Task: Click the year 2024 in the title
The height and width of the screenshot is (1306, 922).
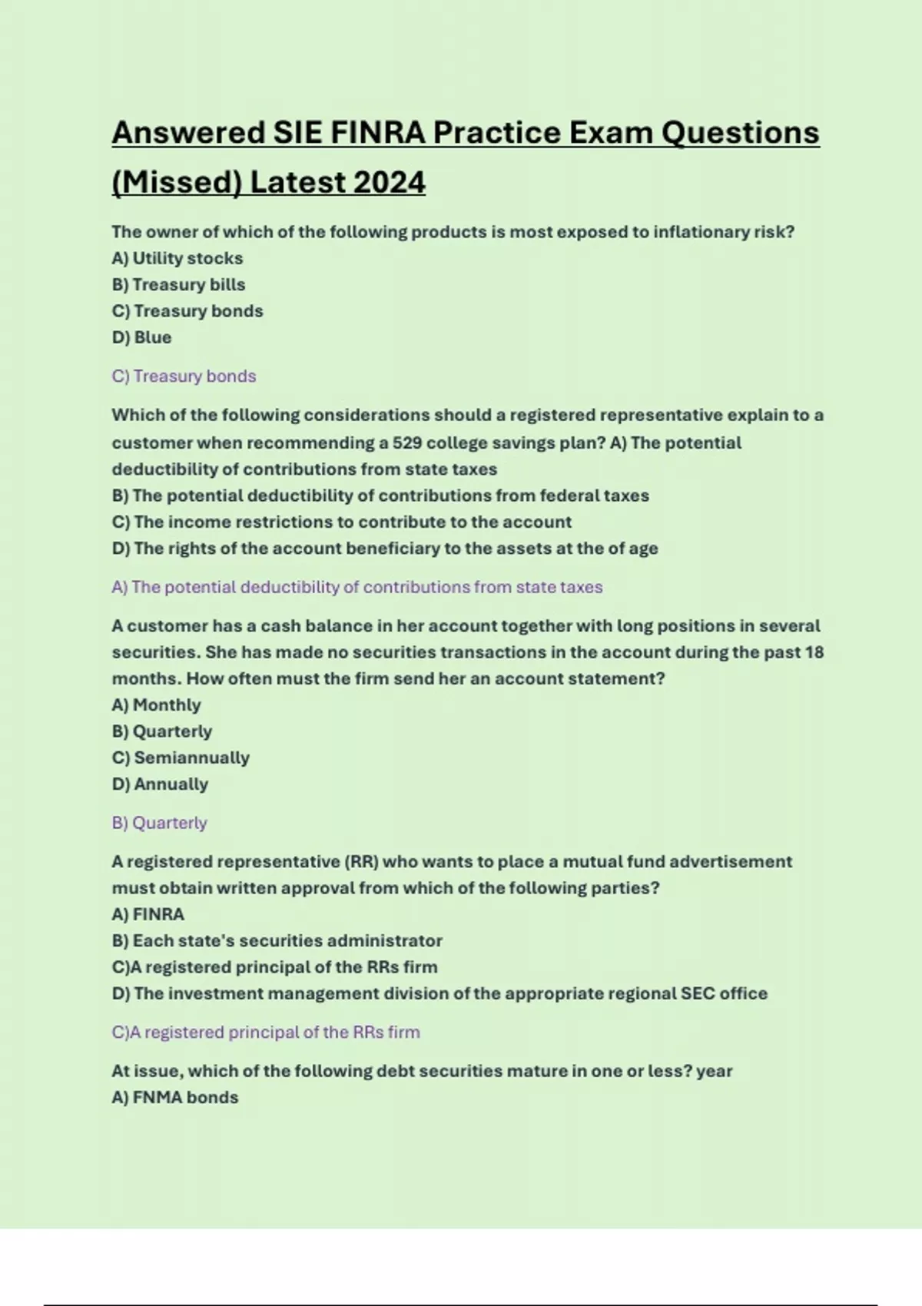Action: pos(390,183)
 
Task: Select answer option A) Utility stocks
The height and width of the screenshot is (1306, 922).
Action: pos(177,258)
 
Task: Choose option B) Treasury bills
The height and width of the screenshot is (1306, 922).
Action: pos(178,284)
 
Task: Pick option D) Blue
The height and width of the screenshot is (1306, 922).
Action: pos(141,337)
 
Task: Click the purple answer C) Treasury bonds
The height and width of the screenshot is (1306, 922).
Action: pos(184,376)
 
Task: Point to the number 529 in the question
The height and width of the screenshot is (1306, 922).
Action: pos(406,443)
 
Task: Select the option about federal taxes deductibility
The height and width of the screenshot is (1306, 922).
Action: pos(380,496)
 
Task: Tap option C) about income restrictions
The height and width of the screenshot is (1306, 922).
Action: pos(342,522)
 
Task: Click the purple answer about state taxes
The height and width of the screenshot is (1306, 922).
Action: pos(357,587)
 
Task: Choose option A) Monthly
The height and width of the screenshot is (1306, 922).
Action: pos(156,704)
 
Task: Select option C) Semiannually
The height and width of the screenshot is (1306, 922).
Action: pos(181,757)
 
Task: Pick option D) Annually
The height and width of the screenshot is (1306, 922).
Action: pos(160,784)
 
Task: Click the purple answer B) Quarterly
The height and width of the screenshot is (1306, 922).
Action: pos(160,823)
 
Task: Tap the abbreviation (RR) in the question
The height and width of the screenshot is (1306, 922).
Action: pos(361,861)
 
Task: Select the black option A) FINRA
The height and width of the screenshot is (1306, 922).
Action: pos(148,914)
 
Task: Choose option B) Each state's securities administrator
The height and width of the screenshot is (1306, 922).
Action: pos(277,940)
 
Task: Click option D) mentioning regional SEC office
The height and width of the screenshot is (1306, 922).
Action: pos(439,993)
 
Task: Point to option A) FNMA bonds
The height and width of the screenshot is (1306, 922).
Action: pos(175,1097)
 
